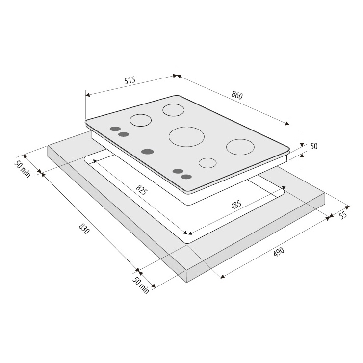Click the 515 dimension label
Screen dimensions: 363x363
pyautogui.click(x=130, y=80)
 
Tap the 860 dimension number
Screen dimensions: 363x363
pyautogui.click(x=237, y=95)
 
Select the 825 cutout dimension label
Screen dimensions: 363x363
pyautogui.click(x=141, y=190)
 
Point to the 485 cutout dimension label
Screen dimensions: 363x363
pyautogui.click(x=236, y=205)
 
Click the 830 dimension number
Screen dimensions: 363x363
pyautogui.click(x=84, y=228)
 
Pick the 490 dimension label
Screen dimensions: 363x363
pyautogui.click(x=279, y=252)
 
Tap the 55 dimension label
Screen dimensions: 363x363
pyautogui.click(x=343, y=215)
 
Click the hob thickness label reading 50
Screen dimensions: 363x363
pyautogui.click(x=314, y=146)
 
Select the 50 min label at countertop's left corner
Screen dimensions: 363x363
pyautogui.click(x=23, y=169)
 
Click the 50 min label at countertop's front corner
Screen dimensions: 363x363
pyautogui.click(x=140, y=285)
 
